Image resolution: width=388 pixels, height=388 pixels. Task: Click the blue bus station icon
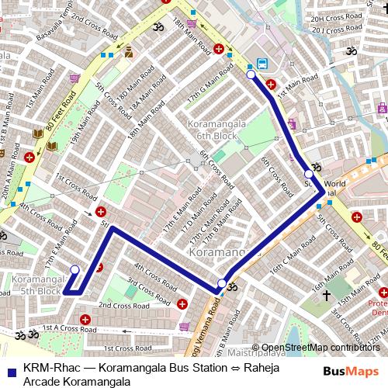pyautogui.click(x=262, y=64)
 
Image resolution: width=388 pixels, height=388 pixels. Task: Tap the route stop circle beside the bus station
pyautogui.click(x=251, y=75)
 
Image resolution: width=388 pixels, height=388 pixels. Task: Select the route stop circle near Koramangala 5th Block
pyautogui.click(x=74, y=270)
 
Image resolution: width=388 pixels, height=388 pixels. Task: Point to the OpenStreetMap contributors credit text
pyautogui.click(x=321, y=348)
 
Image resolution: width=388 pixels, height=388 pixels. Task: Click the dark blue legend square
pyautogui.click(x=10, y=369)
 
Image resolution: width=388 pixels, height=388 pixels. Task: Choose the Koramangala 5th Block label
pyautogui.click(x=37, y=285)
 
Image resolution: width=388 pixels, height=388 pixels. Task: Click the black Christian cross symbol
pyautogui.click(x=326, y=296)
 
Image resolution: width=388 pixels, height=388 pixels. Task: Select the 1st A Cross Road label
pyautogui.click(x=70, y=329)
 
